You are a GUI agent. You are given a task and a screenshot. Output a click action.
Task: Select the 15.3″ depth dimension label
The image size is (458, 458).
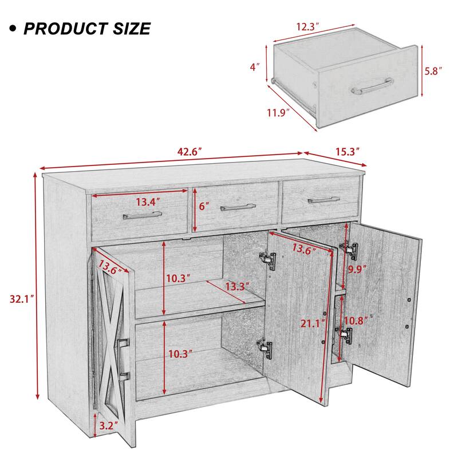[346, 152]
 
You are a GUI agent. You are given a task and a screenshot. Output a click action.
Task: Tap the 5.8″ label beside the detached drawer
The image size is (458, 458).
[433, 73]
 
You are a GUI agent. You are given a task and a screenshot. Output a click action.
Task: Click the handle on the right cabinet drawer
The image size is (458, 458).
[323, 200]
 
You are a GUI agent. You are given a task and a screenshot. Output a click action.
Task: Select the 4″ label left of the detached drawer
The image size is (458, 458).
[255, 66]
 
